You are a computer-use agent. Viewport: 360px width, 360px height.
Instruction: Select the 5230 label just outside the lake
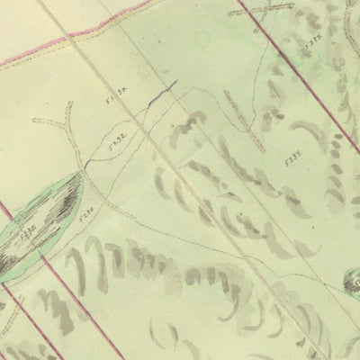click(x=87, y=214)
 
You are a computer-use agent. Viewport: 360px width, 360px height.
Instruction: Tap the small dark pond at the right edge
click(x=352, y=284)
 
